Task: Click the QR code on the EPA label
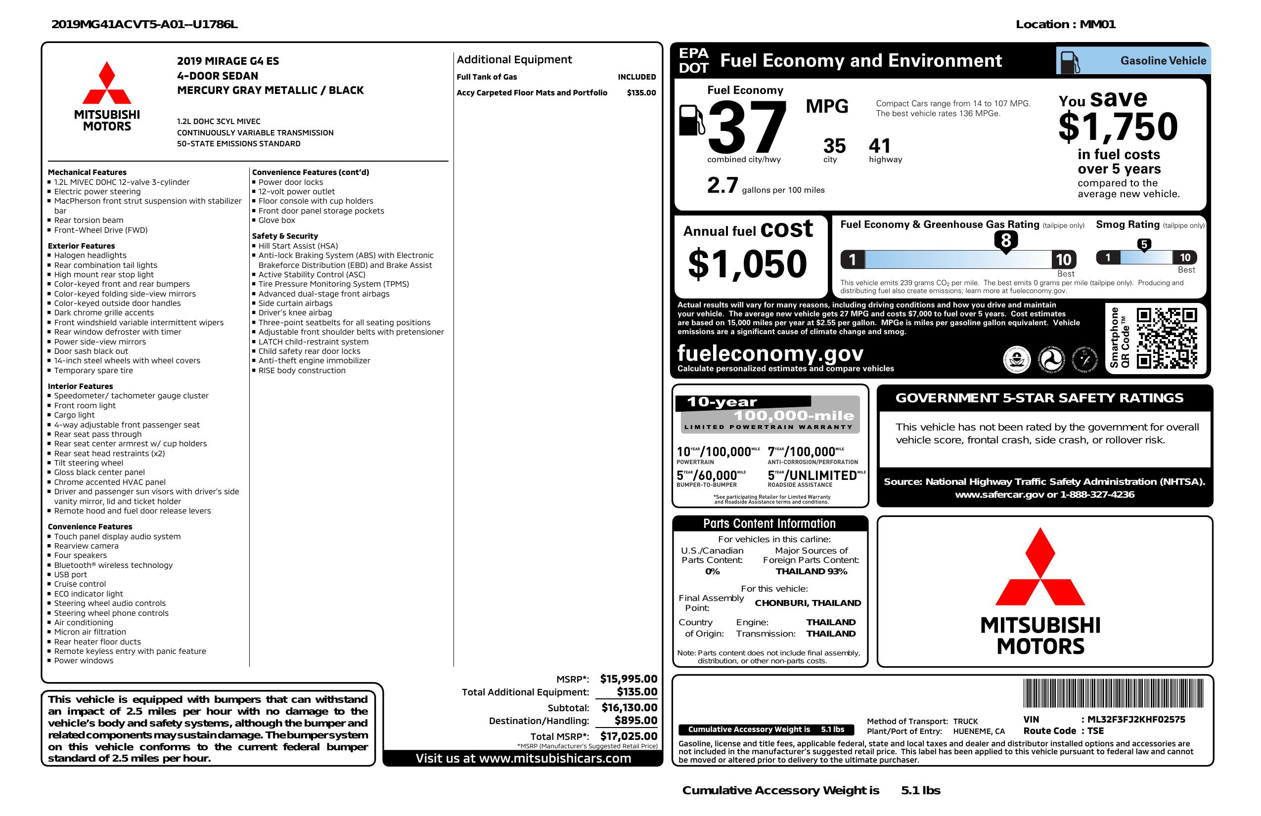[x=1166, y=339]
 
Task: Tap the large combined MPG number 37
[x=747, y=127]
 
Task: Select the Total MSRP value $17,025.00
[x=629, y=736]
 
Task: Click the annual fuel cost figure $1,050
[x=747, y=264]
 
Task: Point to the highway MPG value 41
[x=880, y=146]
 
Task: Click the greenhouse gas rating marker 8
[x=1006, y=240]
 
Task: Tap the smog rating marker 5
[x=1144, y=245]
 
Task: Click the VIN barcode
[x=1113, y=693]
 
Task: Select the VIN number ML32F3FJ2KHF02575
[x=1136, y=719]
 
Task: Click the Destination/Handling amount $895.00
[x=636, y=721]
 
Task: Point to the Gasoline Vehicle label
[x=1163, y=61]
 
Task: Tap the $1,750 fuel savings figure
[x=1118, y=127]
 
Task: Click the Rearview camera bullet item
[x=87, y=546]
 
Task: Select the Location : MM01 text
[x=1066, y=24]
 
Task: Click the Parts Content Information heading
[x=769, y=524]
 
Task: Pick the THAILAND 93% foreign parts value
[x=811, y=571]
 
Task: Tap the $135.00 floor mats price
[x=641, y=92]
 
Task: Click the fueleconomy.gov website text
[x=770, y=353]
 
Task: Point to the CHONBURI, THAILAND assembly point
[x=808, y=602]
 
